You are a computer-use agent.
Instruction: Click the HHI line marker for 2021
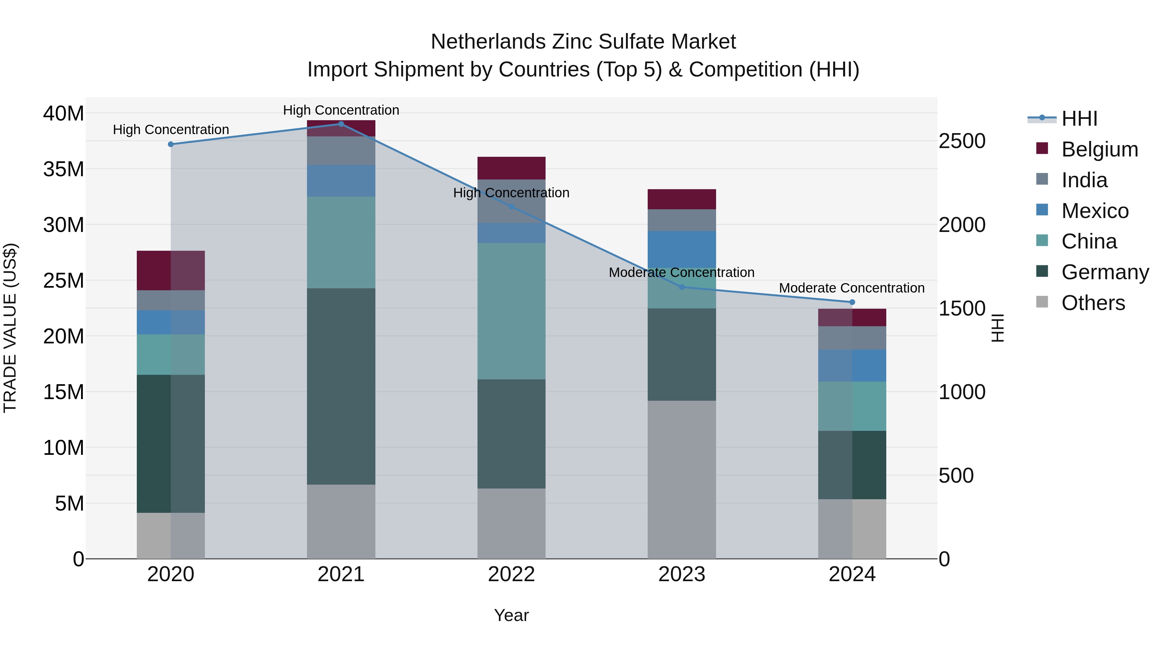point(341,124)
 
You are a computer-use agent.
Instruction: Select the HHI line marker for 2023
point(682,287)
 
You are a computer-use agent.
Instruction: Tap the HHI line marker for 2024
point(852,302)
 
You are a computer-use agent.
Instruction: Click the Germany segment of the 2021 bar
point(341,386)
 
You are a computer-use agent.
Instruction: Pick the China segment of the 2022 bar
point(512,311)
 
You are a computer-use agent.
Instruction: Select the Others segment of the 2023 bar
point(682,479)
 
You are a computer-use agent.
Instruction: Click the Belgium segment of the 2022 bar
point(512,168)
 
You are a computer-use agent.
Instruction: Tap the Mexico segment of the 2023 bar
point(682,249)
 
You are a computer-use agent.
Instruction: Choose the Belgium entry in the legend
point(1100,149)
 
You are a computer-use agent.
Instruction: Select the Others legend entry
point(1093,303)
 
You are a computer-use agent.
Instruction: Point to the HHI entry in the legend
point(1079,119)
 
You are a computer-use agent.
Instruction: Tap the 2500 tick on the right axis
point(962,141)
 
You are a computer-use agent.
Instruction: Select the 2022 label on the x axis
point(512,574)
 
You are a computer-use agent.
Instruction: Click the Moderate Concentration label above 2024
point(852,288)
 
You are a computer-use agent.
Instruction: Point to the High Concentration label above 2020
point(171,130)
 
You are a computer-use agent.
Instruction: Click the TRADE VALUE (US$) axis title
point(10,328)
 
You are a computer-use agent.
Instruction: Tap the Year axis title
point(512,615)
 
